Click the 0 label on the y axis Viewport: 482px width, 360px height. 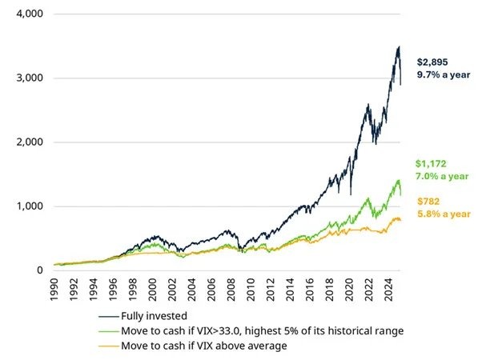point(38,270)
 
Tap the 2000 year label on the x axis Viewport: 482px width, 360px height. point(155,290)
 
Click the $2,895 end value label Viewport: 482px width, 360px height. point(432,62)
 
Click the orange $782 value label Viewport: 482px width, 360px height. point(427,201)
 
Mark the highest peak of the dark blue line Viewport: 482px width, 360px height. point(398,46)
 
